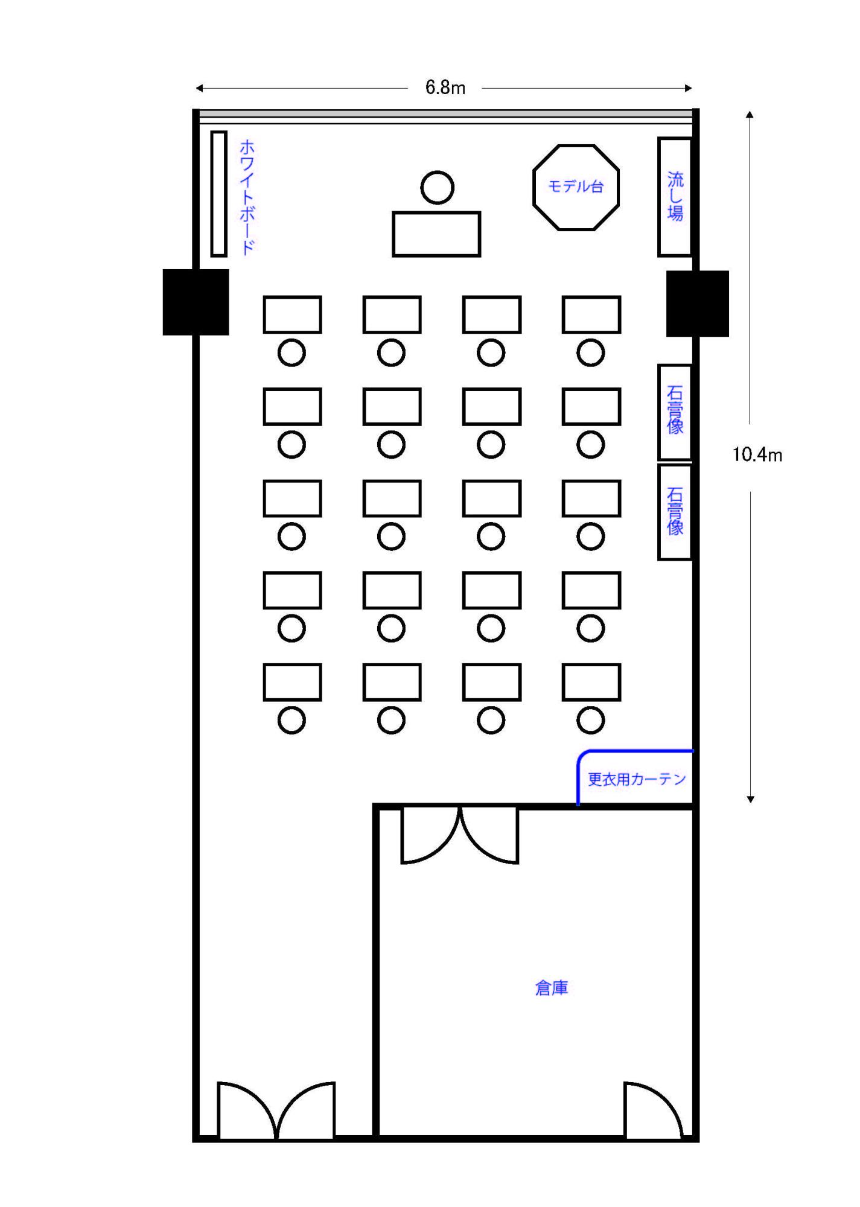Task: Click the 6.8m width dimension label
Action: pos(445,88)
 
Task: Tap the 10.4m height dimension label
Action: pos(757,454)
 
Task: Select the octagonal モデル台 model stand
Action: pos(576,187)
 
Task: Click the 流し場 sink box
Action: pos(674,197)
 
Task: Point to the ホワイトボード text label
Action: pos(247,197)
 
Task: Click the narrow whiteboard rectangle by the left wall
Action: pos(218,194)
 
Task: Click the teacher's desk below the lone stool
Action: pos(436,234)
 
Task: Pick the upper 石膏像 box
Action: pos(674,412)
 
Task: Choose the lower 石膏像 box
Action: pos(674,512)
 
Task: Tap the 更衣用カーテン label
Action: pos(637,779)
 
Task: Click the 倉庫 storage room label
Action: pos(551,988)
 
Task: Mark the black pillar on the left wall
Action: pos(196,302)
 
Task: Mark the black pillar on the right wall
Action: pos(697,304)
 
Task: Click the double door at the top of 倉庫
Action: pos(460,835)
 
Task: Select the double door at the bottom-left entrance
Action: pos(276,1110)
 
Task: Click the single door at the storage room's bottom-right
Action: pos(652,1110)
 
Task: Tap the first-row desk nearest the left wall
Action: pos(292,314)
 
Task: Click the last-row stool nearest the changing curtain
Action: pos(590,720)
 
